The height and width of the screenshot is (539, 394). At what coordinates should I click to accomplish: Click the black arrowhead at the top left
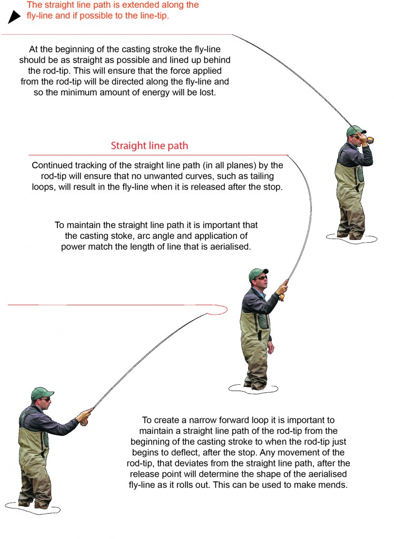[13, 18]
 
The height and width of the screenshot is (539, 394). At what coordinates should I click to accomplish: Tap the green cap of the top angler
[355, 130]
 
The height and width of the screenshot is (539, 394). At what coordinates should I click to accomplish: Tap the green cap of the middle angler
[258, 273]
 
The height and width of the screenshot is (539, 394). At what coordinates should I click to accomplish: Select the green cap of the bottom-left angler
[42, 393]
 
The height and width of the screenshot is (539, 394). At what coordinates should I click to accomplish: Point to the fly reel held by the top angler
[370, 140]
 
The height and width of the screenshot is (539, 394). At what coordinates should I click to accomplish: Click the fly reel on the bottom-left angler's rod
[83, 422]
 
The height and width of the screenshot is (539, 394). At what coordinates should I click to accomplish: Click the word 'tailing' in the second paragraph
[260, 176]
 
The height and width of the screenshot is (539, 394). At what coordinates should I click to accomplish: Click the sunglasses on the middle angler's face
[261, 278]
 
